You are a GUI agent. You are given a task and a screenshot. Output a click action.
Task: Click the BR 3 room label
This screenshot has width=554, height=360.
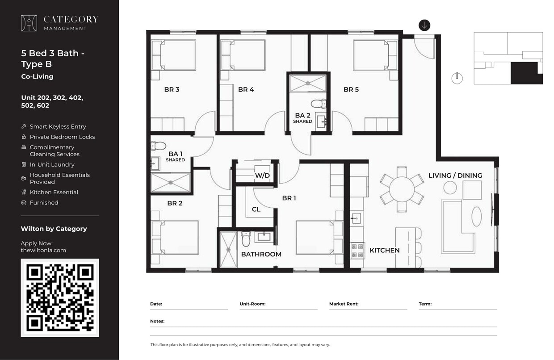tap(172, 89)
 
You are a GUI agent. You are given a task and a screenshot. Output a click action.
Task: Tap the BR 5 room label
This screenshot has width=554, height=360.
tap(351, 89)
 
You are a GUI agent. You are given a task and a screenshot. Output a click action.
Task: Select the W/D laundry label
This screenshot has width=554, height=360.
tap(262, 176)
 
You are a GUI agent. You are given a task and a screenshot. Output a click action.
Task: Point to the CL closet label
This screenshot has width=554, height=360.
tap(256, 209)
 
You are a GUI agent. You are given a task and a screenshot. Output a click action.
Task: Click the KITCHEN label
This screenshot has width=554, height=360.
tap(384, 250)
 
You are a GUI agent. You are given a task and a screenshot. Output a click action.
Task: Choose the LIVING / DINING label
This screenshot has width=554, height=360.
tap(455, 176)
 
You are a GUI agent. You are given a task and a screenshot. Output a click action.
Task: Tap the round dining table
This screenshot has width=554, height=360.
tap(402, 189)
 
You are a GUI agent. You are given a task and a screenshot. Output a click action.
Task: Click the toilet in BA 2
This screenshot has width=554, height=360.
tap(319, 104)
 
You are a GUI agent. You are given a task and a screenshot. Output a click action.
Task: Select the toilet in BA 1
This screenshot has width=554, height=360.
tap(159, 146)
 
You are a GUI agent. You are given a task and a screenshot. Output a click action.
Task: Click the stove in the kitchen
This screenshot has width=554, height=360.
tap(357, 250)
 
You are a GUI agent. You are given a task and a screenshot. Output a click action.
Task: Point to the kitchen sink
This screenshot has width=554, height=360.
tap(356, 218)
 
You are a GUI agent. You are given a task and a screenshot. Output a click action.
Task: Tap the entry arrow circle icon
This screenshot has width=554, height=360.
tap(424, 25)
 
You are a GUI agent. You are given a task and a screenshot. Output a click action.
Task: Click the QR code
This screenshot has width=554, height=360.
tap(60, 297)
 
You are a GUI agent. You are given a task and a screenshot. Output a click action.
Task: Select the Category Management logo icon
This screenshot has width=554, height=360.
tap(29, 23)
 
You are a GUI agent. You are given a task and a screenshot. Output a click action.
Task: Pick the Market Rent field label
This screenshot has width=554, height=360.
tap(344, 304)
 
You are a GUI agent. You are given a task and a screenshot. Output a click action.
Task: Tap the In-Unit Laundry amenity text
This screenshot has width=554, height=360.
tap(52, 165)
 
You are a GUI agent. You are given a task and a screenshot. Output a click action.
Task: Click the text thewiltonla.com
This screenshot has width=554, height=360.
tap(43, 250)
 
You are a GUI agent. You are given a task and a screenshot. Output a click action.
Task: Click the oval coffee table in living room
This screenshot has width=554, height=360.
tap(477, 217)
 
